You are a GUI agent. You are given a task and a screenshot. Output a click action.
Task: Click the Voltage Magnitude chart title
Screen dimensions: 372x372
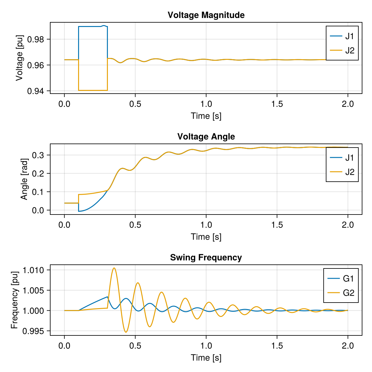[206, 15]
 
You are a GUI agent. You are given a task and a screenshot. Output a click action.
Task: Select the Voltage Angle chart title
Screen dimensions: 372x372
[206, 136]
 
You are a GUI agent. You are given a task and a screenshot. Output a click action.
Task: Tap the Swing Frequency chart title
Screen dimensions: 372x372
[206, 257]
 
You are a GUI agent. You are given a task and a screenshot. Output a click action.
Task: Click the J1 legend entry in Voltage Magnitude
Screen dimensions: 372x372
[342, 36]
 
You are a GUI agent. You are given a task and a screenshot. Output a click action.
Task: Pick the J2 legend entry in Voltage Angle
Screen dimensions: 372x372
[342, 172]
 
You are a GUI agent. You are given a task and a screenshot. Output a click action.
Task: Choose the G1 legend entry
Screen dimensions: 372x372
[341, 278]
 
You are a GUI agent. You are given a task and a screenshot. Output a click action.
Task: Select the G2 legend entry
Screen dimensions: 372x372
[341, 293]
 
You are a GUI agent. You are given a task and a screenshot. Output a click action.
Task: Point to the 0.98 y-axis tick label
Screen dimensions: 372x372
[36, 39]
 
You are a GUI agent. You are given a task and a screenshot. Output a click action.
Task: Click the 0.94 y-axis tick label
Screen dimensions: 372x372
[36, 91]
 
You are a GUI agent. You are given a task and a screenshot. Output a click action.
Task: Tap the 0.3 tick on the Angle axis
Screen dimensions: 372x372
[38, 155]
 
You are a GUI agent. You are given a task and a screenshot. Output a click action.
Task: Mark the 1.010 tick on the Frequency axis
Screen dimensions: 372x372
[33, 270]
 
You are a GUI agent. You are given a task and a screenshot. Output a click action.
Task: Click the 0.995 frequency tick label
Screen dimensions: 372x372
[33, 331]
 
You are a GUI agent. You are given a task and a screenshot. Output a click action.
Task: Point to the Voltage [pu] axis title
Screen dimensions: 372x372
[20, 58]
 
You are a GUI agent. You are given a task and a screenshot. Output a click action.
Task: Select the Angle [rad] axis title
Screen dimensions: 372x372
[24, 179]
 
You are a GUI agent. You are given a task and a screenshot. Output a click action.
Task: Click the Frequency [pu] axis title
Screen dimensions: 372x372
[15, 300]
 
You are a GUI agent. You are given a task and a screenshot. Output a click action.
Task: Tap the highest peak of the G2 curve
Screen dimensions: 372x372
[114, 268]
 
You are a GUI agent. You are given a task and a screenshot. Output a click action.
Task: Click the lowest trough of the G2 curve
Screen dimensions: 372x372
[126, 332]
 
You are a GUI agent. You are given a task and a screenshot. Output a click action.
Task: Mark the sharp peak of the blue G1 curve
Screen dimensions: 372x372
[107, 297]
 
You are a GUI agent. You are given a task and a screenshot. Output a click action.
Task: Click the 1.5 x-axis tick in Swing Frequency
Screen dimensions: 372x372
[277, 346]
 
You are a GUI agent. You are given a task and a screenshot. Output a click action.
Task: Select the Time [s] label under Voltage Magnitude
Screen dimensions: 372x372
[206, 116]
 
